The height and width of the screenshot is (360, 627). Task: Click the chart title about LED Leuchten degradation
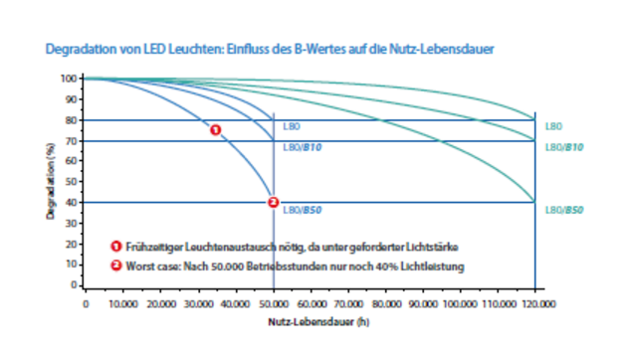click(x=270, y=48)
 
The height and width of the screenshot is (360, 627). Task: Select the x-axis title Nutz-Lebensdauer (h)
click(x=311, y=322)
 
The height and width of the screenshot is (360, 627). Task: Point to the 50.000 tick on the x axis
click(x=273, y=303)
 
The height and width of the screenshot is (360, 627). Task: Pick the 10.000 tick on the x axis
click(x=122, y=303)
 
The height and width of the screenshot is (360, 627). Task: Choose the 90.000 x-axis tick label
click(x=423, y=303)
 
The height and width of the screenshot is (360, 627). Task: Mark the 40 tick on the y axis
click(x=70, y=203)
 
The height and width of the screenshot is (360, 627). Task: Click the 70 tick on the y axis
click(x=70, y=140)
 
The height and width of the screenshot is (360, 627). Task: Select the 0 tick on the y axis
click(x=73, y=285)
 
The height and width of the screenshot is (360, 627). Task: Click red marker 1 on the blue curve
click(x=215, y=129)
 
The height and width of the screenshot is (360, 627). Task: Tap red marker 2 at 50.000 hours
click(x=273, y=202)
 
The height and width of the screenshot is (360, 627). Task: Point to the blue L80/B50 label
click(x=301, y=211)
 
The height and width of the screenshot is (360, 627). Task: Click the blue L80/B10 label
click(x=301, y=148)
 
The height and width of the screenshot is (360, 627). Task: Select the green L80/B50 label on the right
click(x=564, y=211)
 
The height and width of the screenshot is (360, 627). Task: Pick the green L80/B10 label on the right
click(x=564, y=148)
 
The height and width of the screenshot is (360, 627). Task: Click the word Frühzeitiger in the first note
click(x=150, y=247)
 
